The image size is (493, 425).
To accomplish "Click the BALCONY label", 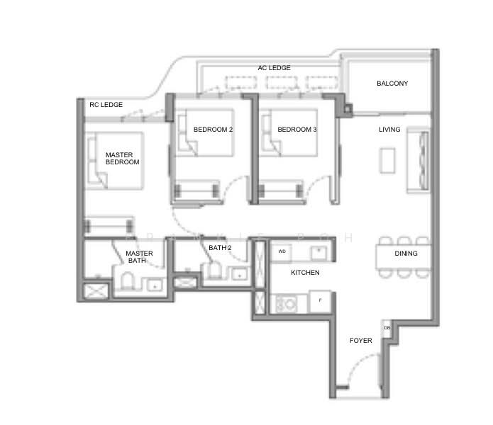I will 392,84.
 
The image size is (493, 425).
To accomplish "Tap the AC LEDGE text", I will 274,68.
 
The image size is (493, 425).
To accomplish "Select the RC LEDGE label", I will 106,105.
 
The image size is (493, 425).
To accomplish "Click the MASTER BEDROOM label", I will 122,158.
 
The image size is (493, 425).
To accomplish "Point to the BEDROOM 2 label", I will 213,130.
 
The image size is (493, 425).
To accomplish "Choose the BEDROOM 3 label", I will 297,130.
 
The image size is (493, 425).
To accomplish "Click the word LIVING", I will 389,130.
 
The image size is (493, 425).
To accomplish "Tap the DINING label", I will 406,254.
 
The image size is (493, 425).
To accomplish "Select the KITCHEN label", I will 305,273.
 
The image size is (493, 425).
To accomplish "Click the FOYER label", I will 361,341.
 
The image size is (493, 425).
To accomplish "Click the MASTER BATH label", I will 139,256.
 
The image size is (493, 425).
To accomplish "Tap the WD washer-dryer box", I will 282,251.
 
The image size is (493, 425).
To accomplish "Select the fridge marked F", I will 320,301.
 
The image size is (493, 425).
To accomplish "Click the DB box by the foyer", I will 387,328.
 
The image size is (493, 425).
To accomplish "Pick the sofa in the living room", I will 419,161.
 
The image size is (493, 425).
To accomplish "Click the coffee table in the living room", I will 388,159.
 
